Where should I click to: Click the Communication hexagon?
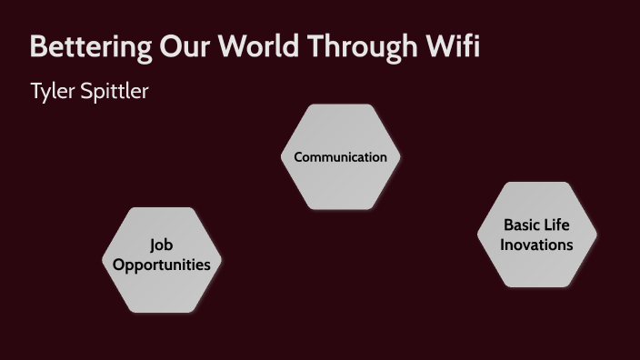pos(340,182)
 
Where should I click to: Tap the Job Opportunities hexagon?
pos(162,286)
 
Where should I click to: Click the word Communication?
pos(340,157)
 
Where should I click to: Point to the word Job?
pos(162,245)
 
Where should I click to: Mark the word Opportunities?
pos(162,265)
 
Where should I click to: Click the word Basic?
pos(523,225)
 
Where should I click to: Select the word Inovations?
pos(536,245)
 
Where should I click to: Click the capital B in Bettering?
pos(37,48)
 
